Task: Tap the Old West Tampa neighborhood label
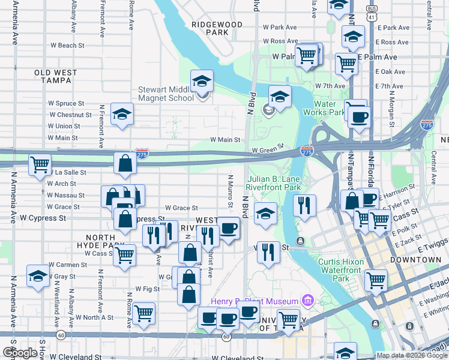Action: pos(56,76)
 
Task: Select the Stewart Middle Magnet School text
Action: pos(166,94)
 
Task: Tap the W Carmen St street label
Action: pos(68,265)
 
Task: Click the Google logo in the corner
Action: pos(20,353)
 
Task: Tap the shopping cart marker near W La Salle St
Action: pos(40,164)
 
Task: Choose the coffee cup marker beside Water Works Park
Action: pos(359,116)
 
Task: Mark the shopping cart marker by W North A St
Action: pos(143,313)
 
